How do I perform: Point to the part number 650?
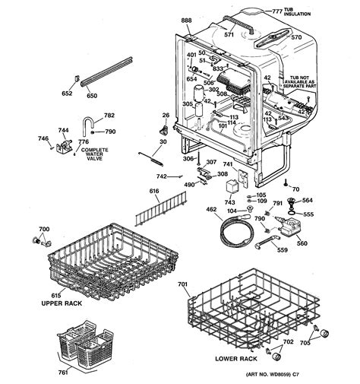click(92, 97)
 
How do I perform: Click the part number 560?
click(302, 243)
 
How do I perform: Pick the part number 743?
click(229, 201)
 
